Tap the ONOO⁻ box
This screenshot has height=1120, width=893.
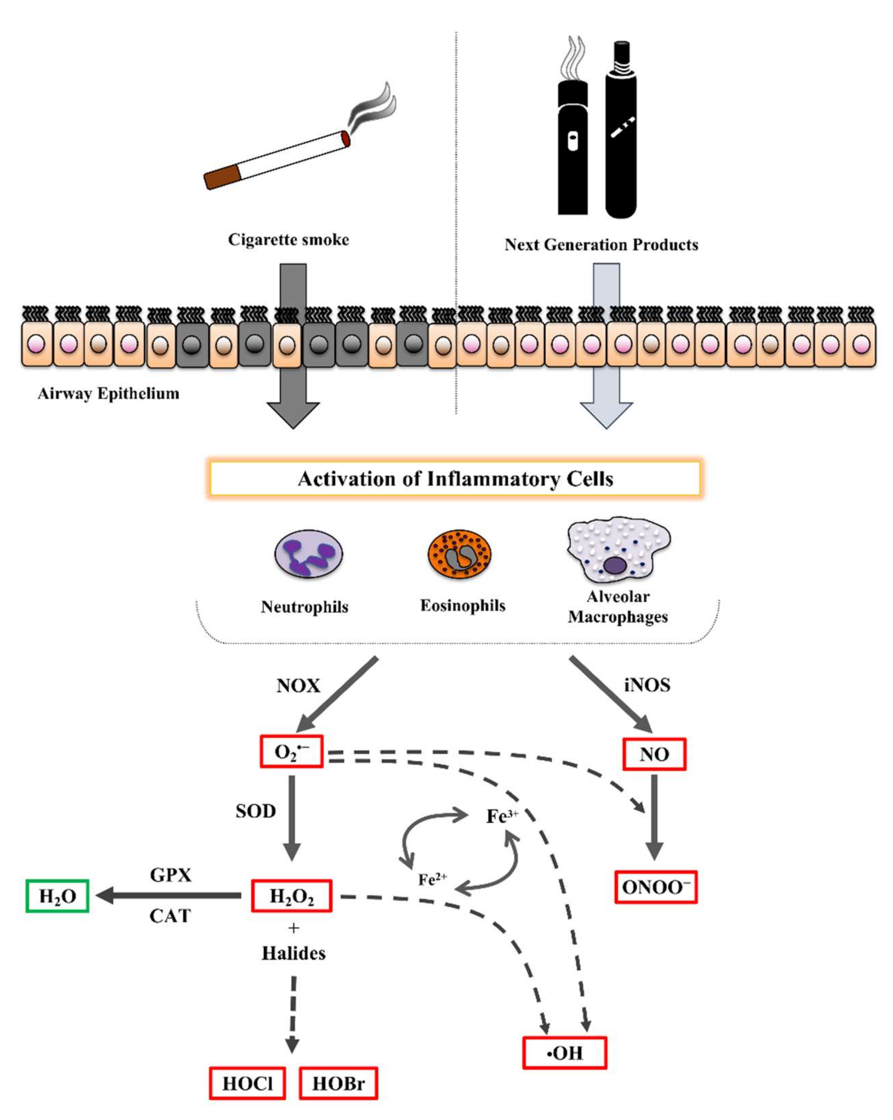(x=656, y=887)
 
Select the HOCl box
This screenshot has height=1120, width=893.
(x=247, y=1083)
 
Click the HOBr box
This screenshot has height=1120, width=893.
(x=338, y=1083)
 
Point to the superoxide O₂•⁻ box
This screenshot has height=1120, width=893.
(x=292, y=751)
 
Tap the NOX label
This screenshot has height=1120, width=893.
(x=298, y=686)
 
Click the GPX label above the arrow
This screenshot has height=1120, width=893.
(x=170, y=875)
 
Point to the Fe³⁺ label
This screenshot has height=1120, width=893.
(x=502, y=816)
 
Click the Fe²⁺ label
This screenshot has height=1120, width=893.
(x=432, y=880)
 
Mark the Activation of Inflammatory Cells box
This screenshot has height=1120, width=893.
(x=455, y=478)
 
